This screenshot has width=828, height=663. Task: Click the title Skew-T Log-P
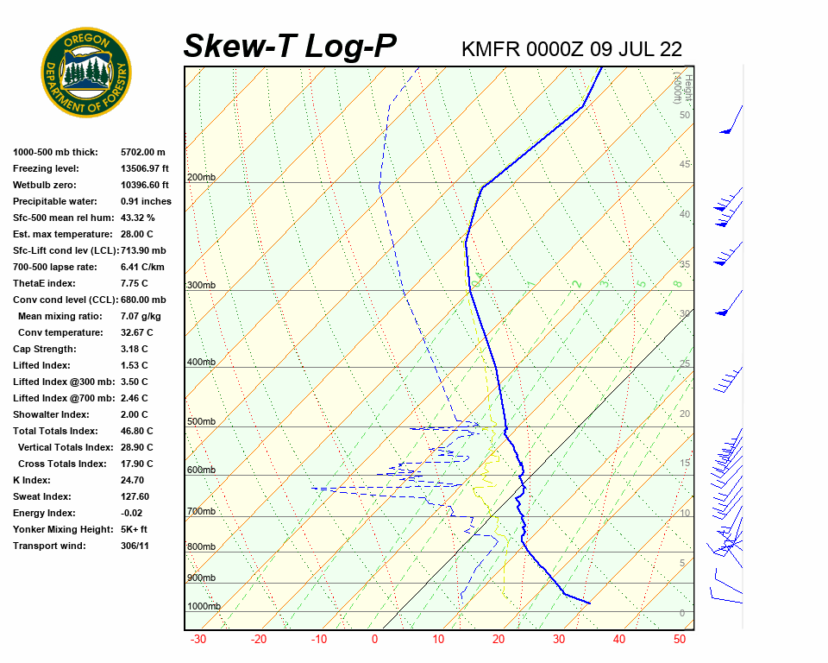[291, 47]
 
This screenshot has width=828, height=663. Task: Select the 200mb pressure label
[201, 178]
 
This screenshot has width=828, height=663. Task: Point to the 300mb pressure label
[201, 286]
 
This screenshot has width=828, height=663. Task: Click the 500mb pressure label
[201, 422]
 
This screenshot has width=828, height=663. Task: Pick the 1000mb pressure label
[204, 607]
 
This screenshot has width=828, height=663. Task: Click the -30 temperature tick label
[198, 640]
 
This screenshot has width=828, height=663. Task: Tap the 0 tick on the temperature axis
[375, 640]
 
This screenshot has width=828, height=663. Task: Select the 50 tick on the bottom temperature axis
[680, 640]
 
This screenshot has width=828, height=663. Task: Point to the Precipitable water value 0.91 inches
[146, 202]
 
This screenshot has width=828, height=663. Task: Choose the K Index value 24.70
[132, 481]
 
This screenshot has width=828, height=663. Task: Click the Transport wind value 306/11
[135, 546]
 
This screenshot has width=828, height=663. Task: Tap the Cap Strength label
[44, 350]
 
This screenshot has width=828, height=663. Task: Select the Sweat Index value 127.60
[135, 497]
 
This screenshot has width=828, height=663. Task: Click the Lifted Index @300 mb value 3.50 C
[135, 382]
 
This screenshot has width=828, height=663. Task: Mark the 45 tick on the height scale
[685, 165]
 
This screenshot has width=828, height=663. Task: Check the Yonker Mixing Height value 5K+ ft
[135, 530]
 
